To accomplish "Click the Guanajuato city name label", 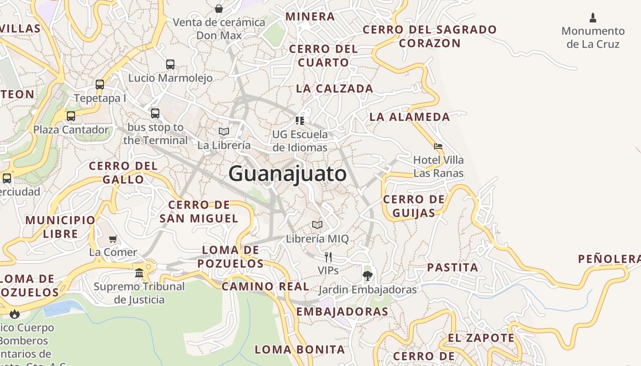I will tap(288, 174).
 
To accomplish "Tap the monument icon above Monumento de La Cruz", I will tap(593, 18).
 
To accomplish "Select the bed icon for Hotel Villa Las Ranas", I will tap(438, 147).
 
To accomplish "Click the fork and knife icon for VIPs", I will tap(328, 257).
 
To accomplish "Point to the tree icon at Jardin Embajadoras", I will tap(367, 275).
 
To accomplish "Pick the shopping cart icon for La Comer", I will tap(113, 239).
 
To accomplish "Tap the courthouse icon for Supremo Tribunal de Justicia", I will tap(139, 273).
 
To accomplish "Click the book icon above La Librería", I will tap(224, 132).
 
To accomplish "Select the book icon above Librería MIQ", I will tap(317, 225).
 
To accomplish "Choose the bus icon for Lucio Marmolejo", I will tap(170, 65).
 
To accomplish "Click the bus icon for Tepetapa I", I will tap(100, 85).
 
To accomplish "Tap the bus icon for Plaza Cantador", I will tap(71, 116).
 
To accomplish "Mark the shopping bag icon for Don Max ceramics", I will tap(219, 9).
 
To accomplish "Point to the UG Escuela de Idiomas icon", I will tap(300, 121).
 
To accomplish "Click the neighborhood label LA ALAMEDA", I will tap(410, 117).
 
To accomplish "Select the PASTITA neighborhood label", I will tap(452, 268).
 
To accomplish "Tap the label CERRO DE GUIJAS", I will tap(414, 206).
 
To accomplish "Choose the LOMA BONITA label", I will tap(299, 350).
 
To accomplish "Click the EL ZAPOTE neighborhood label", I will tap(481, 339).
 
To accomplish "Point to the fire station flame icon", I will tap(15, 314).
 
